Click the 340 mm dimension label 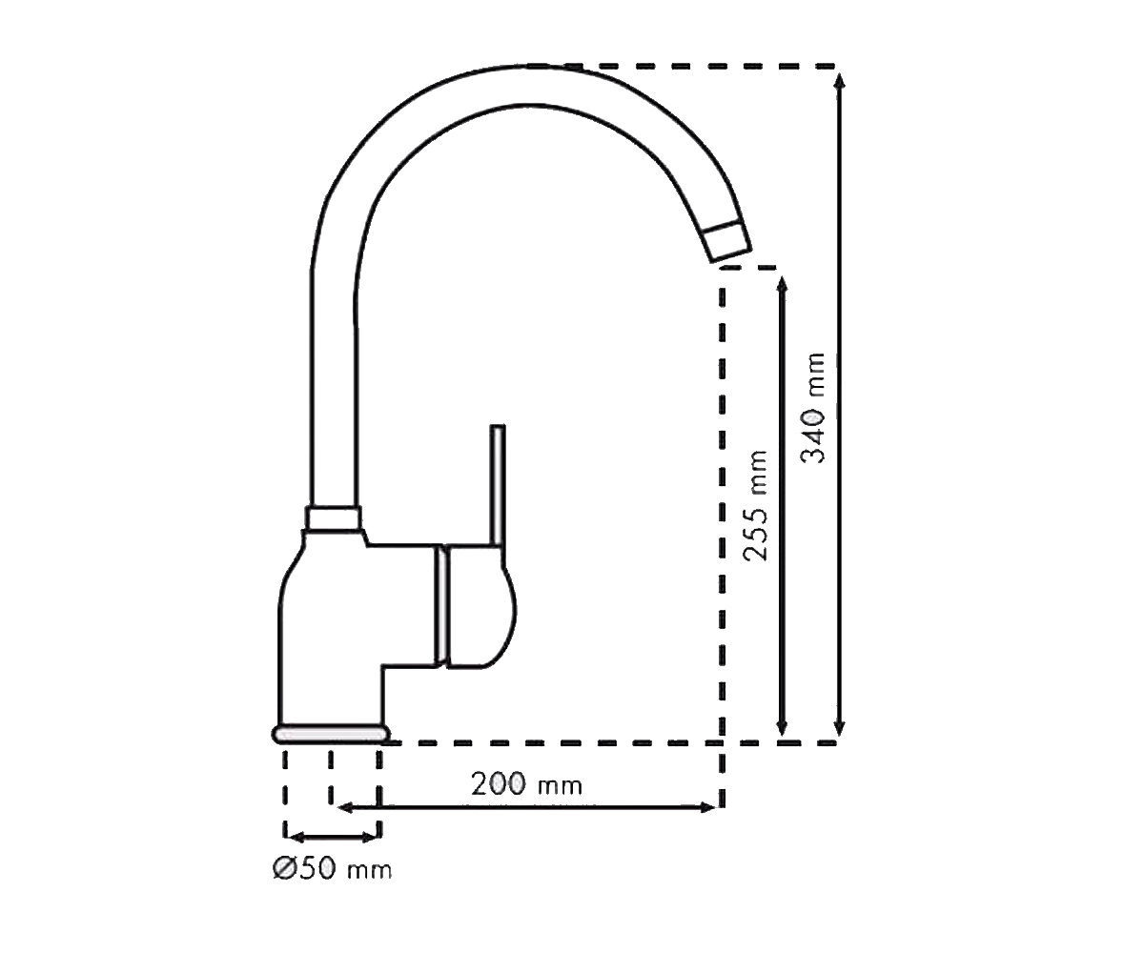click(x=812, y=408)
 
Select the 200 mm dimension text click(x=526, y=784)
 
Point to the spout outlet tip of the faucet click(x=727, y=243)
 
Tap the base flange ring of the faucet click(x=331, y=735)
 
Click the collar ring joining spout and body click(x=333, y=518)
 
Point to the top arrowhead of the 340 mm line click(x=839, y=80)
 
